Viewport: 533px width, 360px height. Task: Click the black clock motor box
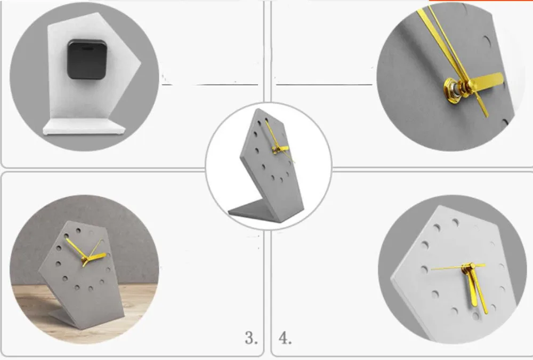tap(87, 60)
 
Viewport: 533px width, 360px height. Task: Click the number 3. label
tap(251, 338)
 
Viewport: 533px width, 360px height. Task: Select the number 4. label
tap(285, 338)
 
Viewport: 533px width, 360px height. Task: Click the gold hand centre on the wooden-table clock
tap(85, 261)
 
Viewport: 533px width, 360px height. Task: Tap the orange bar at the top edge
tap(481, 1)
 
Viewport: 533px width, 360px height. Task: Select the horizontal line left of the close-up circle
tap(324, 84)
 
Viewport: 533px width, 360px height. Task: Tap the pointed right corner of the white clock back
tap(140, 63)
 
